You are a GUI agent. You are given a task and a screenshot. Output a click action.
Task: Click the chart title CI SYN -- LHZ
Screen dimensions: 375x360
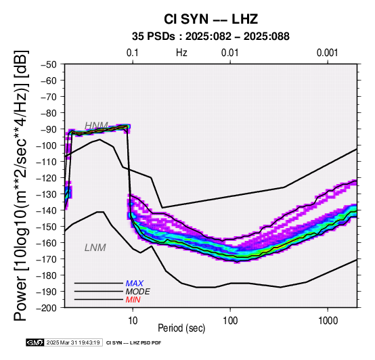point(211,19)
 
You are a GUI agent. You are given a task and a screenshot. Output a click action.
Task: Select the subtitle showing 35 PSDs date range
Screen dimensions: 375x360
point(211,37)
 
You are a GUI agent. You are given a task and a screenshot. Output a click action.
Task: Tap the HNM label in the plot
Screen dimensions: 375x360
point(96,125)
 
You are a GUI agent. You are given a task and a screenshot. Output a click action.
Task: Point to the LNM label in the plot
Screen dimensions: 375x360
point(95,248)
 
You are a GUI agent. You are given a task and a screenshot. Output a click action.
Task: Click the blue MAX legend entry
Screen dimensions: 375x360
point(135,284)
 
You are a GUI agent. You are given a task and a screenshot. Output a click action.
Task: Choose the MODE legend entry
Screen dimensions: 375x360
point(138,292)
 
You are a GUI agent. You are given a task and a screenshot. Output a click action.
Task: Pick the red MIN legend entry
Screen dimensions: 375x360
point(133,300)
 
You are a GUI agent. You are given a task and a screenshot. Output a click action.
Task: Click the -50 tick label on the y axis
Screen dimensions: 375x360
point(49,64)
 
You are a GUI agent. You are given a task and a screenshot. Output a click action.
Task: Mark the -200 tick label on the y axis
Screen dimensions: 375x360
point(47,308)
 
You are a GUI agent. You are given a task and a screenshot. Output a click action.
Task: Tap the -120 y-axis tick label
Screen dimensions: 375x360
point(47,178)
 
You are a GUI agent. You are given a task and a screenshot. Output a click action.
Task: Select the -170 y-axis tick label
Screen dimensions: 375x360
point(47,259)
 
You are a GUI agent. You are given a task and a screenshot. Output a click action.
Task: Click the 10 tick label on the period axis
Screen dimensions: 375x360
point(133,321)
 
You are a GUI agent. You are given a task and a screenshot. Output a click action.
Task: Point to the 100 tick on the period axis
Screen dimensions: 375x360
point(230,321)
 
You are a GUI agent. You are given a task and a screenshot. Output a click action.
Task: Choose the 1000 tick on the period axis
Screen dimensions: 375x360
point(328,321)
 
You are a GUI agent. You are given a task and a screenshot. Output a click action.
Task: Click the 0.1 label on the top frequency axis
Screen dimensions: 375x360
point(133,53)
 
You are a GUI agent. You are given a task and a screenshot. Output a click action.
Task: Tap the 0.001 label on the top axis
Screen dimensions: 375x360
point(328,53)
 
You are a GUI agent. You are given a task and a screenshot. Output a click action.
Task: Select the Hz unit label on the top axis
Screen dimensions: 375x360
point(181,53)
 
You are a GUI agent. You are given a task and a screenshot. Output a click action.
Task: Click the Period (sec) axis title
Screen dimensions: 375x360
point(181,328)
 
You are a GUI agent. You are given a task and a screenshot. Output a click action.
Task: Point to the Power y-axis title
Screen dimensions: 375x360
point(21,185)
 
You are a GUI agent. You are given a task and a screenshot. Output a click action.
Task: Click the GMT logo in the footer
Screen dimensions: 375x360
point(35,342)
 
